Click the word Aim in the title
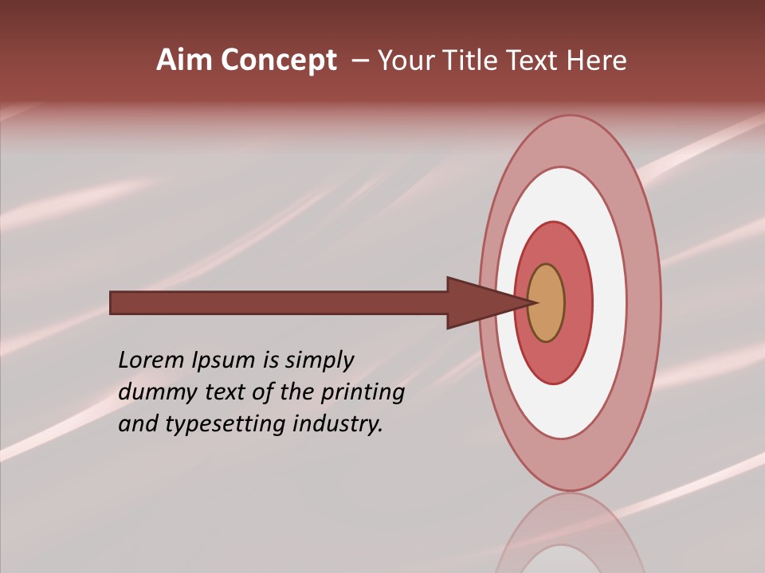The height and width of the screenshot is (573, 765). [x=184, y=60]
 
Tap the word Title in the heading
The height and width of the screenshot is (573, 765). [x=470, y=60]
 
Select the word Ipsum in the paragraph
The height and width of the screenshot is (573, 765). [x=224, y=361]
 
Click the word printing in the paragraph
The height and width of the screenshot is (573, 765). [x=362, y=393]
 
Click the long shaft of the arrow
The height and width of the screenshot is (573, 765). [x=279, y=303]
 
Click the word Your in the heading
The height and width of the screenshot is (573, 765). [x=406, y=60]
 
